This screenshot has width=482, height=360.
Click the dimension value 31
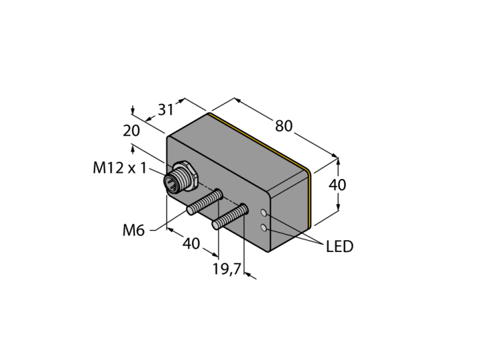[166, 109]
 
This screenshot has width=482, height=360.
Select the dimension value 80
[284, 126]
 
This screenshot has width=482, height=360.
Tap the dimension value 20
[132, 131]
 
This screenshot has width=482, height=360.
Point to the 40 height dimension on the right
[337, 185]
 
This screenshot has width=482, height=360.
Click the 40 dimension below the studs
[191, 244]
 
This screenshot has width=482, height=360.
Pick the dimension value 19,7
[227, 269]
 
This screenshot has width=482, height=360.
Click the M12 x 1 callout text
[120, 168]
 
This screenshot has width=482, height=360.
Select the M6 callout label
[134, 230]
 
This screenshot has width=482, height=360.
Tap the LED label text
[339, 246]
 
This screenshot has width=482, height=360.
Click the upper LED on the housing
[264, 213]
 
